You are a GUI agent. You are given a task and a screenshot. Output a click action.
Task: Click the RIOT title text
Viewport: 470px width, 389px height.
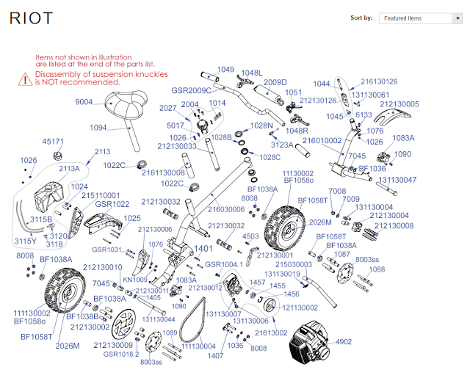31,19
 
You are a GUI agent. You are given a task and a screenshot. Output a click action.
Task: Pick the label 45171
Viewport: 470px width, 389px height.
54,141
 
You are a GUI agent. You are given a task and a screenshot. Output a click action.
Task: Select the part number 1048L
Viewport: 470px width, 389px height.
250,73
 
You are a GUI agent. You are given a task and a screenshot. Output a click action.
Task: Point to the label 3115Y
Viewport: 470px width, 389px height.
26,241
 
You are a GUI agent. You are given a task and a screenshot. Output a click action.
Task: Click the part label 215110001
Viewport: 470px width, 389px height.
101,195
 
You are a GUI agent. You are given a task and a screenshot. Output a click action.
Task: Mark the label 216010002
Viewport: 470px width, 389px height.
322,139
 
